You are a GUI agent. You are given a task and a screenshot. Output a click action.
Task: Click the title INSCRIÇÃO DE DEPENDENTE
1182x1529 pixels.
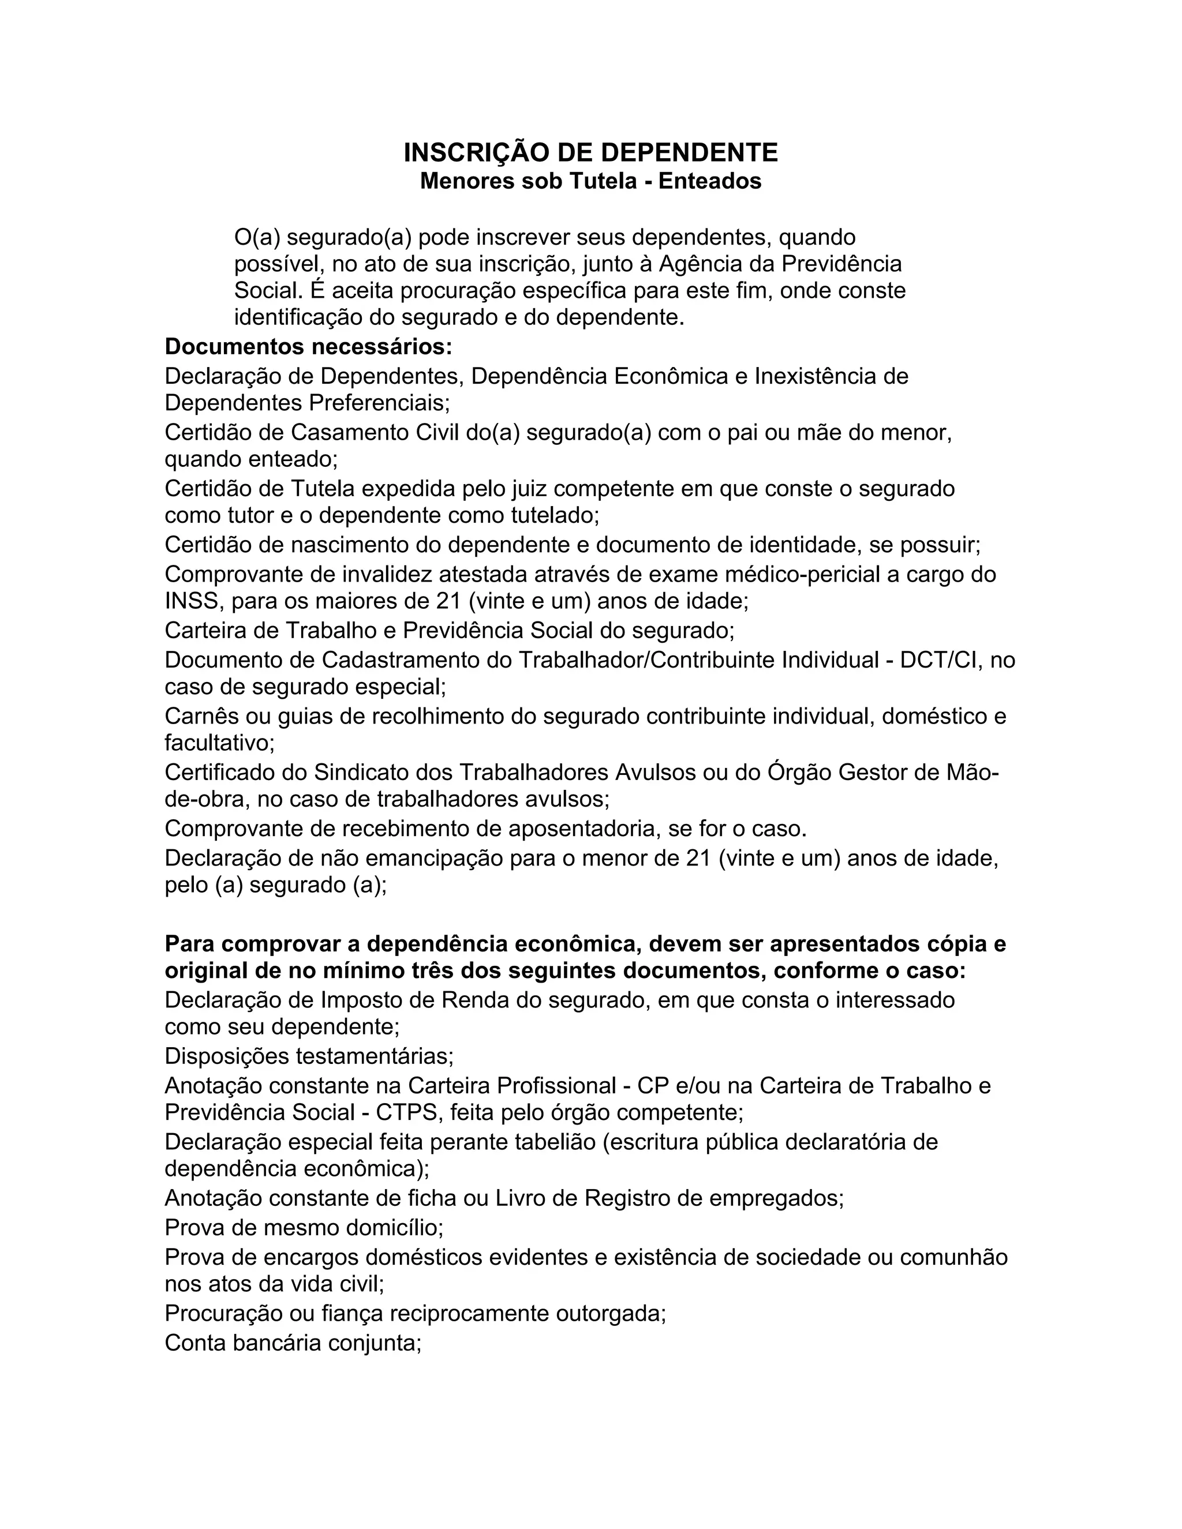(590, 153)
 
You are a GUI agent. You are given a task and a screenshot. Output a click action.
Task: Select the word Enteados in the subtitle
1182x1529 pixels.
(709, 181)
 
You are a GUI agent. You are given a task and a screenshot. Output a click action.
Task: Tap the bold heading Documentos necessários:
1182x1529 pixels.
(309, 347)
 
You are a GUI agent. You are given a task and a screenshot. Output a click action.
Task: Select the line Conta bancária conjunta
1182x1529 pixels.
(293, 1343)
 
